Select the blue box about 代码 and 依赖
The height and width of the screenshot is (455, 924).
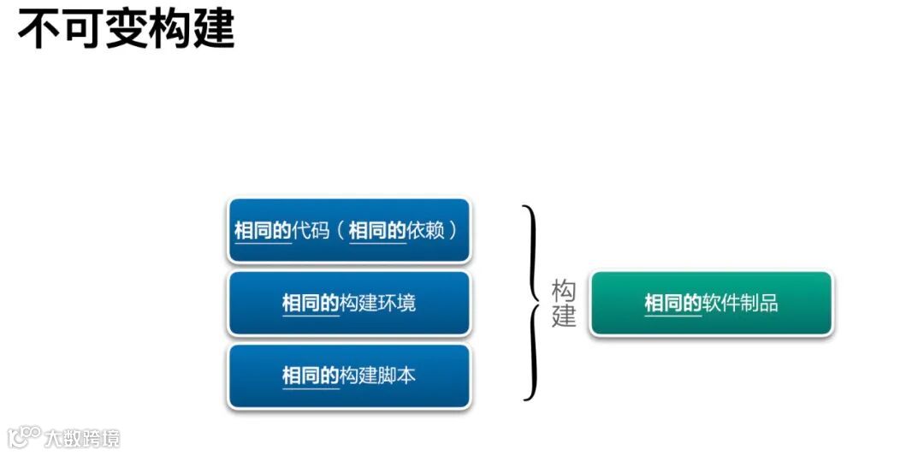(x=349, y=230)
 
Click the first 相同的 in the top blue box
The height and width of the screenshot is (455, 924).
(x=263, y=231)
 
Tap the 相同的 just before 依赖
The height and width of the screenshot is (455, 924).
(x=377, y=231)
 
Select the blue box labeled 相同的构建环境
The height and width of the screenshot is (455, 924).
(x=349, y=303)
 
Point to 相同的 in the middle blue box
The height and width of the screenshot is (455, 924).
(x=311, y=303)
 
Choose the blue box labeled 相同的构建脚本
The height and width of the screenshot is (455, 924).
(x=349, y=375)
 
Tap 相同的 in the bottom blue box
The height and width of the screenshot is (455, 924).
(x=311, y=375)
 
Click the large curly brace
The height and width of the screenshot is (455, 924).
(x=533, y=303)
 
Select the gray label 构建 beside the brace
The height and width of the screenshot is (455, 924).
(x=564, y=304)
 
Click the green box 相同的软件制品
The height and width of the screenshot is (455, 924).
(x=711, y=303)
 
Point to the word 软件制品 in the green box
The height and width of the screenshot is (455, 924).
(x=740, y=303)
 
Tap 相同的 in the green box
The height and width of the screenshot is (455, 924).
(x=672, y=303)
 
